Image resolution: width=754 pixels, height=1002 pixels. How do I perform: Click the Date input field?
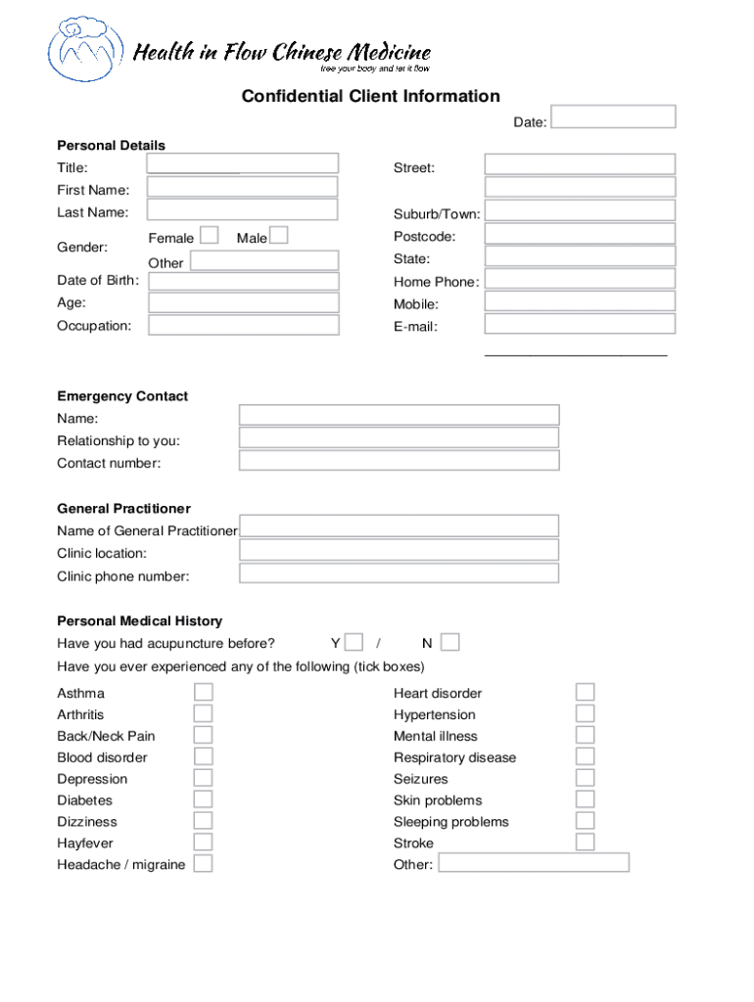pos(614,117)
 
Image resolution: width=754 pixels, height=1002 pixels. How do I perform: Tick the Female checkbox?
pos(209,236)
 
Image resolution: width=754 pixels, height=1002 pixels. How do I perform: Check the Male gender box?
pos(278,236)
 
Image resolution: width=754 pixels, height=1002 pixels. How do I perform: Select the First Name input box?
pos(243,187)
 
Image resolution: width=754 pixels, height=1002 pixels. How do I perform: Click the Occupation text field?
pos(243,325)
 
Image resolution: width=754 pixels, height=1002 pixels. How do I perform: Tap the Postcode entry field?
pos(580,235)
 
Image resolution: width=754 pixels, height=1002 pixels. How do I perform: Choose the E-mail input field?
pos(580,324)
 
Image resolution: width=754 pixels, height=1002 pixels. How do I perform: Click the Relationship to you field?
pos(400,438)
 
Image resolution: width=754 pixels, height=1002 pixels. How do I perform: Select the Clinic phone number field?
pos(400,573)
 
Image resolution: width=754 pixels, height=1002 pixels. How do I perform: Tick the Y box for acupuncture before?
pos(354,643)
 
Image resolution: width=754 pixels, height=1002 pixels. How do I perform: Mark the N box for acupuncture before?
pos(449,643)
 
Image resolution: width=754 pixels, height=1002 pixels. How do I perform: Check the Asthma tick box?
pos(203,693)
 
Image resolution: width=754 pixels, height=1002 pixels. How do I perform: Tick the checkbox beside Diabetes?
pos(203,799)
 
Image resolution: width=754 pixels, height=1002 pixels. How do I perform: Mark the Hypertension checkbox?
pos(585,714)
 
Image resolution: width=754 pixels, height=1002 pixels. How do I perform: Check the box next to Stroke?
pos(585,843)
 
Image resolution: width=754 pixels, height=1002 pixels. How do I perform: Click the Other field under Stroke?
pos(534,863)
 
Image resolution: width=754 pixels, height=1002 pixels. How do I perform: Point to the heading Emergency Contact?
pos(122,396)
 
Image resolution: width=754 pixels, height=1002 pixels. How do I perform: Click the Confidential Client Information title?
pos(371,96)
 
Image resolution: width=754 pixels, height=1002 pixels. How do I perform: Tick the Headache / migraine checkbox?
pos(203,864)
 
